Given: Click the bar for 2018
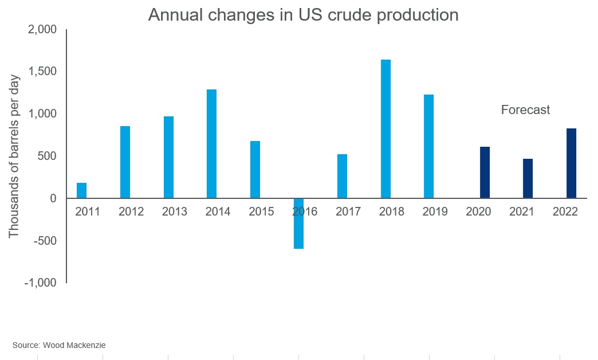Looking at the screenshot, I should click(385, 129).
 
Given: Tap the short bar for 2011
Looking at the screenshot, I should click(81, 190).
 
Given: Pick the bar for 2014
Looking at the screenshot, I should click(211, 144).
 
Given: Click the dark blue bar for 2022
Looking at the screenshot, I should click(571, 163).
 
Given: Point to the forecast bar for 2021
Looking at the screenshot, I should click(528, 178).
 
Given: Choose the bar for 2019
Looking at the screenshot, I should click(428, 146).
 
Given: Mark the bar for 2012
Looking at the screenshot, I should click(125, 162).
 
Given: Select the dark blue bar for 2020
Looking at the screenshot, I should click(485, 173).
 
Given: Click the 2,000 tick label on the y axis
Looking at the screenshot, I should click(43, 29).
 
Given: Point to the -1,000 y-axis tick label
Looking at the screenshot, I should click(41, 283).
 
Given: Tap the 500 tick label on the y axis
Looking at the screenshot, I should click(48, 156).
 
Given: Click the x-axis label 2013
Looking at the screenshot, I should click(174, 212).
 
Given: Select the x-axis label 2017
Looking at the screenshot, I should click(348, 212).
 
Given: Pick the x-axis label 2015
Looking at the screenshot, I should click(261, 212).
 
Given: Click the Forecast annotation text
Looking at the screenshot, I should click(525, 110).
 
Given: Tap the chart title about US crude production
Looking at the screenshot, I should click(303, 14).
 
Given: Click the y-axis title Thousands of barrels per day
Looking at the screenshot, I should click(14, 156).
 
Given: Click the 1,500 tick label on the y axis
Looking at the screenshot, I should click(43, 72).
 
